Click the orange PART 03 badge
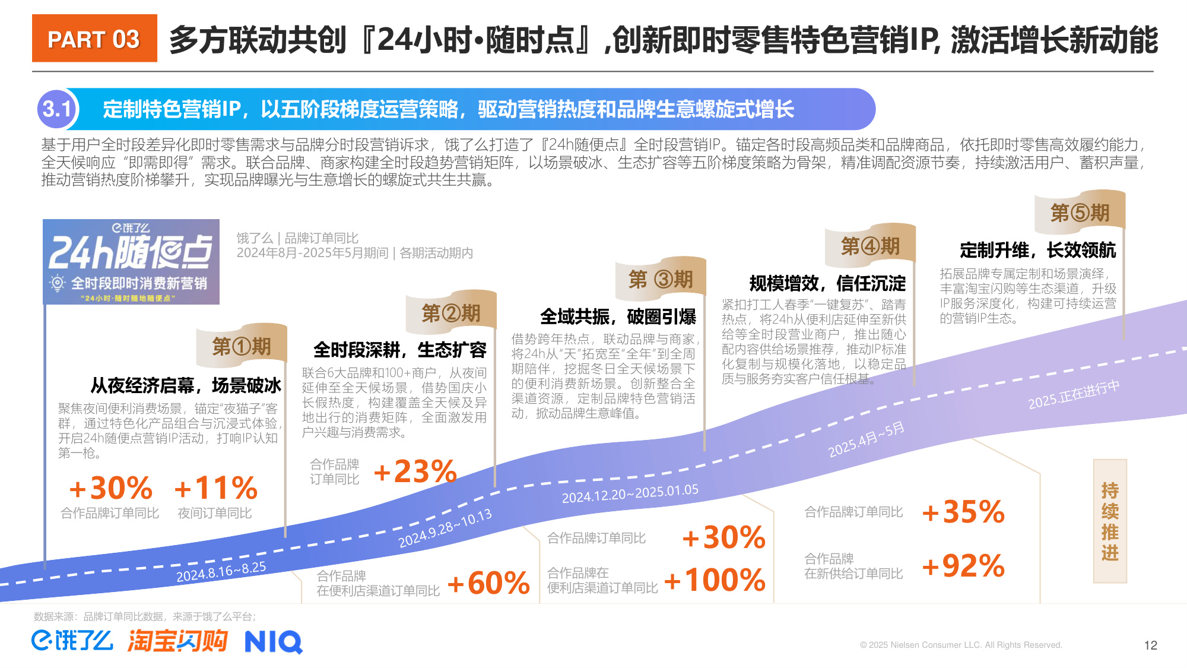[94, 39]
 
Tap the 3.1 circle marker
[56, 109]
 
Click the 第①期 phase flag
[242, 346]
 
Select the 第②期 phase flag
[451, 312]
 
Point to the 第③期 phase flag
[661, 278]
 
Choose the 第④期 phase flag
[870, 245]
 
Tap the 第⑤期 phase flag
[1080, 212]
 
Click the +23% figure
[415, 472]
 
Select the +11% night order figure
[216, 489]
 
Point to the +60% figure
[488, 583]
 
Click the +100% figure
[715, 580]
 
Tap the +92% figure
[963, 566]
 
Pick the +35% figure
[963, 512]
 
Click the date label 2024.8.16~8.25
[221, 572]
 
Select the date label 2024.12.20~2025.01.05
[630, 493]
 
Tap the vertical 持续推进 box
[1109, 521]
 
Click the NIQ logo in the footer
[274, 642]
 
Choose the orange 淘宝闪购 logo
[177, 641]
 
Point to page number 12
[1150, 645]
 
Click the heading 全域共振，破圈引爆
[617, 316]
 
